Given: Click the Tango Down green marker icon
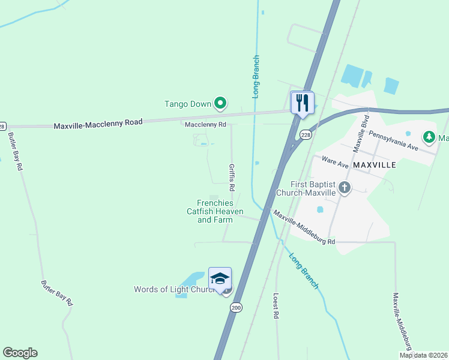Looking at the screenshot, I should (220, 104).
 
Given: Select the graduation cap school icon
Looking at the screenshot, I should (220, 278).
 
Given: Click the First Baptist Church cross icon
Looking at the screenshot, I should (345, 188).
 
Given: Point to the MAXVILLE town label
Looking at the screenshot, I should (375, 164).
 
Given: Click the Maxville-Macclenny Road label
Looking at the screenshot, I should (98, 124).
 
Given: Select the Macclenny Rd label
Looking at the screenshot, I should (205, 125).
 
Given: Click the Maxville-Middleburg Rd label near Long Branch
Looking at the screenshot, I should (304, 227).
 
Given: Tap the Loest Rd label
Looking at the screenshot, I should (276, 305).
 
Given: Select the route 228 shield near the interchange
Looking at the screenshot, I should (306, 134).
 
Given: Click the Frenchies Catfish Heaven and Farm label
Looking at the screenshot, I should (214, 211).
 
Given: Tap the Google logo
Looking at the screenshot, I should (20, 353).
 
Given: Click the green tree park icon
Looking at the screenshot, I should (429, 138).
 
